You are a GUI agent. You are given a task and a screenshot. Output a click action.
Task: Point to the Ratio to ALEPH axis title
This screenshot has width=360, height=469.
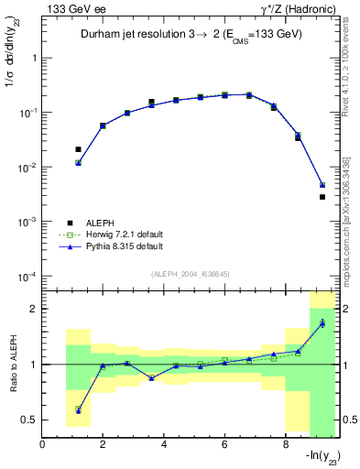[14, 364]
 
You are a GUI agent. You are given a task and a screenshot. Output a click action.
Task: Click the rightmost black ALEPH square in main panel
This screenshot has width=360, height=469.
[322, 197]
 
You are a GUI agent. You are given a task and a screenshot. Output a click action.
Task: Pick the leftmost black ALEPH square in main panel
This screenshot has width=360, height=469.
[78, 149]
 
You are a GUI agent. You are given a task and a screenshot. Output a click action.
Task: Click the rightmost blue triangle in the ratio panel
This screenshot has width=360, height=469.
[322, 323]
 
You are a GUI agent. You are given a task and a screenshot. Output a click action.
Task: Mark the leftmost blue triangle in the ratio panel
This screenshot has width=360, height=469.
[78, 409]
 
